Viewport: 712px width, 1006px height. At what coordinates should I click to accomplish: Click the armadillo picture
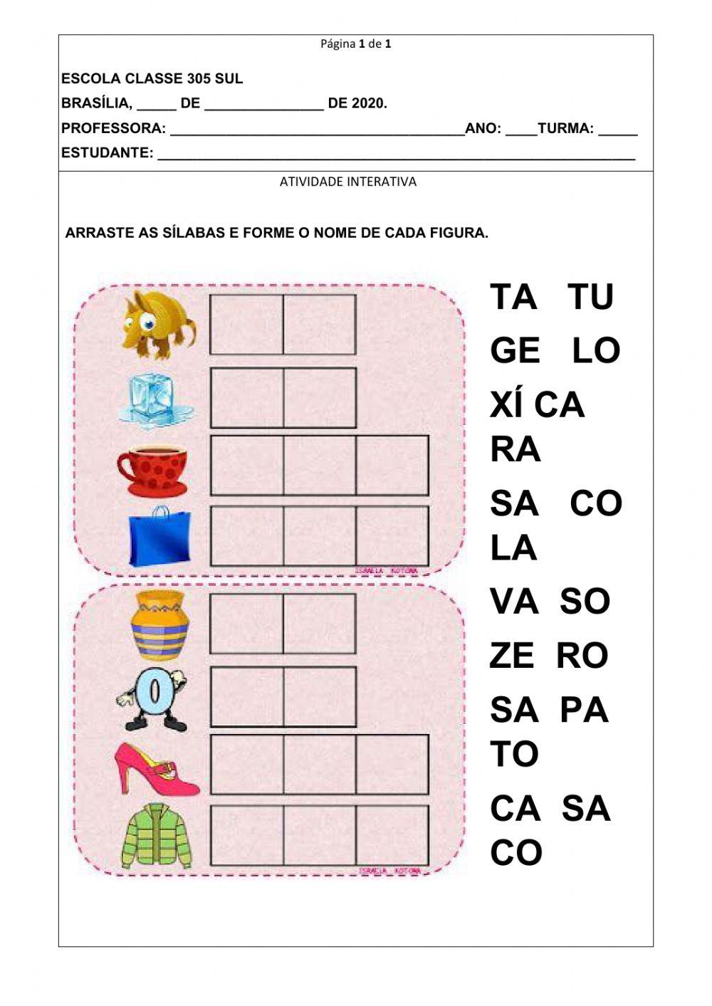point(158,324)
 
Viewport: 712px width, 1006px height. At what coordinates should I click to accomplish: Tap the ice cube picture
point(157,399)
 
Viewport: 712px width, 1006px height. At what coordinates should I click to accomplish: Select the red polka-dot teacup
point(153,470)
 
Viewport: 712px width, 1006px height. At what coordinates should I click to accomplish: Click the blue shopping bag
point(159,535)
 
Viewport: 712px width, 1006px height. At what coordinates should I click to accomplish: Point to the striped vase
point(159,624)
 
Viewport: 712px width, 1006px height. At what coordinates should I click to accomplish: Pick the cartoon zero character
point(155,697)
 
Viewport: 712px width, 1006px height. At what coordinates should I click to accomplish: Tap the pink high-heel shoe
point(157,768)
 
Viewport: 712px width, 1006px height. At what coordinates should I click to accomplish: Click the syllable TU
point(591,296)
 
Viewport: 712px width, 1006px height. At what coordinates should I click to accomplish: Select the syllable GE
point(514,350)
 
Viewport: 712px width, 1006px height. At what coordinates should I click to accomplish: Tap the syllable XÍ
point(506,404)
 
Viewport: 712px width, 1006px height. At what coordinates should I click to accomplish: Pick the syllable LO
point(597,350)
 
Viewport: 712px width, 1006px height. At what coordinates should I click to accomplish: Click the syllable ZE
point(511,656)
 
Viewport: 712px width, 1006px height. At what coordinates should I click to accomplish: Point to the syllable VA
point(513,602)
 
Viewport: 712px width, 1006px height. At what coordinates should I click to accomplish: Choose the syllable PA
point(585,710)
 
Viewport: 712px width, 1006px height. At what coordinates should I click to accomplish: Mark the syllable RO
point(582,656)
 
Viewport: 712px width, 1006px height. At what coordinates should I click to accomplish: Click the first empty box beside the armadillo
point(246,325)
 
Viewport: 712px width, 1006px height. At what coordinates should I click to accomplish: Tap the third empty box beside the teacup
point(392,465)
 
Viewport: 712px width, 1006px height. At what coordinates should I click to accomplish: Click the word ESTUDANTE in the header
point(107,153)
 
